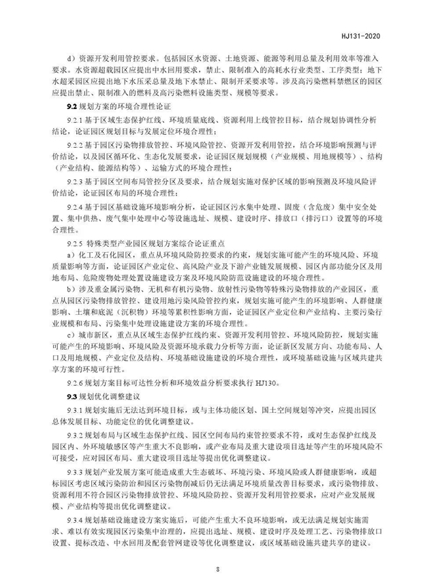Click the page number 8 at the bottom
[217, 567]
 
